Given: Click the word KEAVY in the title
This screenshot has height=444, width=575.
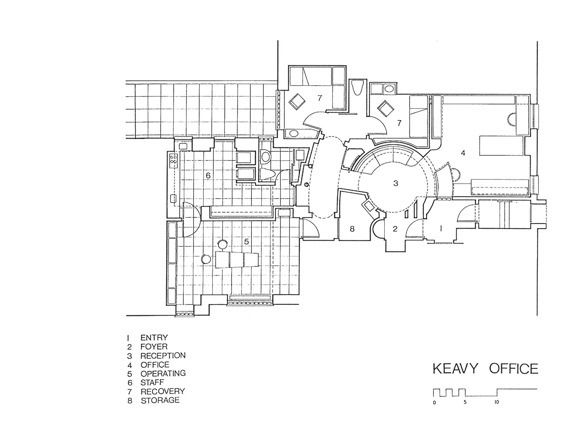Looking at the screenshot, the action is click(x=455, y=369).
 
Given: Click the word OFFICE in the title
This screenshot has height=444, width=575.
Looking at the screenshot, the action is click(x=514, y=369).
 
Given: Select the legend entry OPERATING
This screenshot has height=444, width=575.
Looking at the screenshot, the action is click(x=163, y=373).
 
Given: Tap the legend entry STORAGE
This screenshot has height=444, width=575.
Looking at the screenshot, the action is click(x=160, y=400).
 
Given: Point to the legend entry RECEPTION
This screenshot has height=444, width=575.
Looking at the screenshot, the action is click(x=163, y=355).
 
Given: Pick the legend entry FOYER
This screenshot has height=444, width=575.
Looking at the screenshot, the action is click(x=154, y=347).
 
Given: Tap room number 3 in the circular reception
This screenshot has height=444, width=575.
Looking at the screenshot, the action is click(x=395, y=183).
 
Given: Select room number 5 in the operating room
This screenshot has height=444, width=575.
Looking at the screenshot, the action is click(x=246, y=242).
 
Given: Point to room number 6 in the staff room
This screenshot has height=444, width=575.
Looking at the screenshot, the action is click(x=208, y=175).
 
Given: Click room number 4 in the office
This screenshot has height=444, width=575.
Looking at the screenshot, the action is click(x=463, y=153).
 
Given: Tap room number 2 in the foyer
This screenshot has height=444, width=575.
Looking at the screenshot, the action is click(x=395, y=229).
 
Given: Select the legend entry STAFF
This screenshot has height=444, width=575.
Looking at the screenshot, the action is click(x=152, y=382).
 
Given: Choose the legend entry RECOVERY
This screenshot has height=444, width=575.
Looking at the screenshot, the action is click(x=163, y=391).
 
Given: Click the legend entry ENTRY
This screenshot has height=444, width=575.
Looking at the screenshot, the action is click(x=154, y=338).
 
